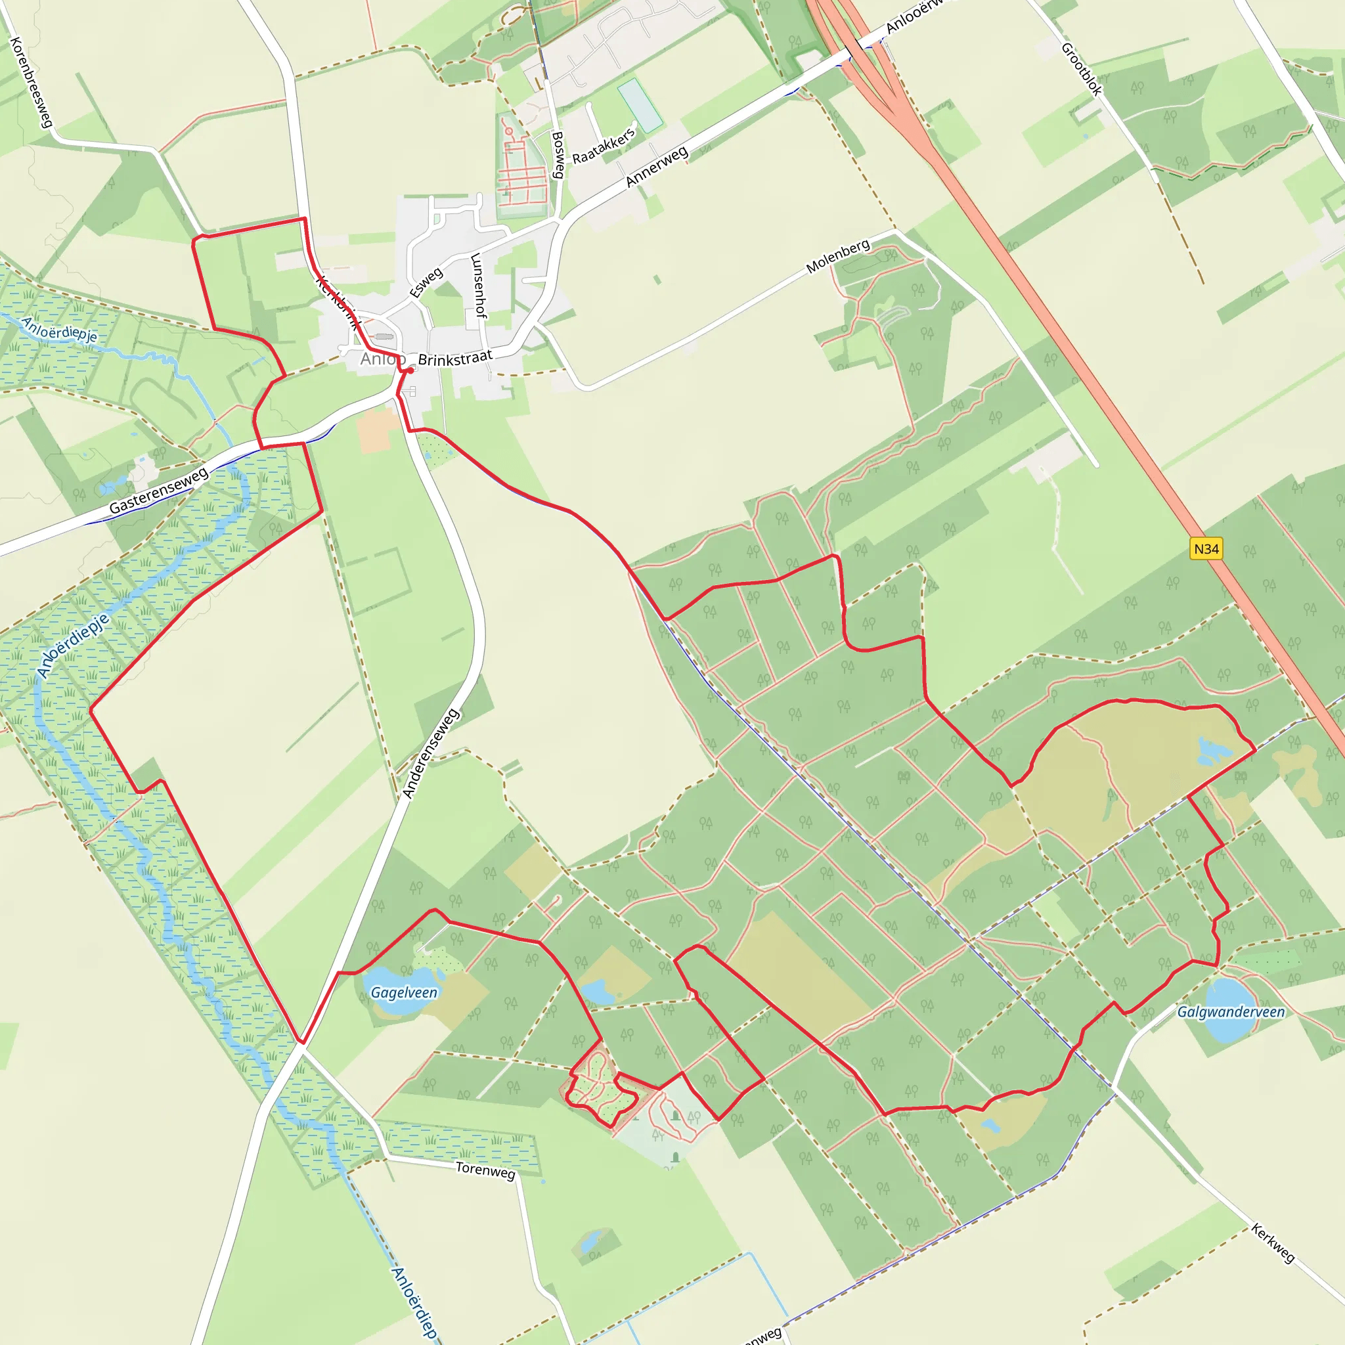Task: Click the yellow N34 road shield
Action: coord(1206,548)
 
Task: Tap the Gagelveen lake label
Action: coord(404,993)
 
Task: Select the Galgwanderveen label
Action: coord(1231,1011)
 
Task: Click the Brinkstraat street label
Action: coord(455,358)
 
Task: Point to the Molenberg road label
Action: coord(838,256)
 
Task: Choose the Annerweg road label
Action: coord(657,166)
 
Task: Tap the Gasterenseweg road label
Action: coord(159,490)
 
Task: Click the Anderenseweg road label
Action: coord(431,753)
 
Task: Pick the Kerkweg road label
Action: coord(1273,1243)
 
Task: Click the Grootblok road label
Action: coord(1081,69)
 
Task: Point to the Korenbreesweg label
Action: coord(32,82)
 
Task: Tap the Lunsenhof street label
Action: coord(478,285)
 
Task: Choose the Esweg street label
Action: coord(426,282)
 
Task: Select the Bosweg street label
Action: coord(558,154)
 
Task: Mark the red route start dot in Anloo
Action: coord(410,370)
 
